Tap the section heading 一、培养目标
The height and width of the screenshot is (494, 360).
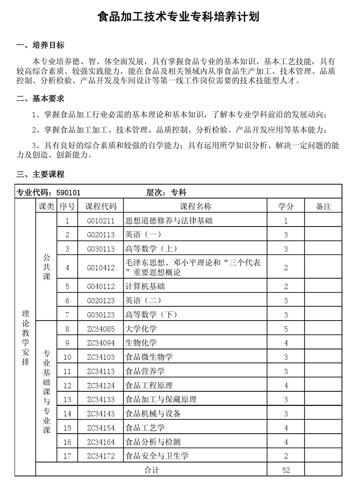[40, 45]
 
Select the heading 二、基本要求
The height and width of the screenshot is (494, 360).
[40, 99]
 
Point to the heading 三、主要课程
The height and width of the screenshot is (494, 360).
[40, 174]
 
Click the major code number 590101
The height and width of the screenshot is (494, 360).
[69, 193]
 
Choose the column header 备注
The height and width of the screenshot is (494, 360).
[323, 206]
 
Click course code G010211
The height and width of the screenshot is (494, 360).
[101, 221]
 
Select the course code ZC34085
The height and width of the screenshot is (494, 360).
[101, 329]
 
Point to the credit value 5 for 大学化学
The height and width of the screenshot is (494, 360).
[286, 329]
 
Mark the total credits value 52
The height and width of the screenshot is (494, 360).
[286, 470]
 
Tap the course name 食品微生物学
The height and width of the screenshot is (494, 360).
[149, 357]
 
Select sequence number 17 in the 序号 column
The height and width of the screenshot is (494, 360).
[67, 456]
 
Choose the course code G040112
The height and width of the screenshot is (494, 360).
[101, 286]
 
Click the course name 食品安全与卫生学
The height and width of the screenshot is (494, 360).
[157, 456]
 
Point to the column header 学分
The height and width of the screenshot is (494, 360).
[286, 206]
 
